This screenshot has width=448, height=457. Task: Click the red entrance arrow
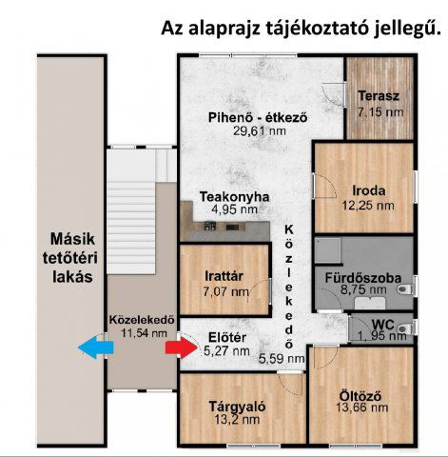(x=181, y=348)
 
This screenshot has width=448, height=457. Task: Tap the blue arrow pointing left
(x=96, y=348)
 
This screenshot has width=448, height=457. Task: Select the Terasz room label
(x=379, y=96)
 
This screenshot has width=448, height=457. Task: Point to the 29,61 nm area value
(x=260, y=130)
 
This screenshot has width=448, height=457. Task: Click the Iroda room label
(x=369, y=190)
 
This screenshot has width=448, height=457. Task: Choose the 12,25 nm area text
(x=368, y=206)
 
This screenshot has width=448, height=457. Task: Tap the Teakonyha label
(x=234, y=197)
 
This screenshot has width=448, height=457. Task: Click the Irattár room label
(x=224, y=276)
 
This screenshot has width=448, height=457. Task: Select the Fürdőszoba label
(x=363, y=278)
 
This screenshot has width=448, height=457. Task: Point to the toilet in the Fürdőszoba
(x=405, y=289)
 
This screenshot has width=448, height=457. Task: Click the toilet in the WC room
(x=405, y=328)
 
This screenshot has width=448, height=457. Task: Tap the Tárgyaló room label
(x=237, y=407)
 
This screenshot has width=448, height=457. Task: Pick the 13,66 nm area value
(x=362, y=407)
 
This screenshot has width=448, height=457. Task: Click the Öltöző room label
(x=360, y=396)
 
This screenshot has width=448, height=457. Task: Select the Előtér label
(x=227, y=337)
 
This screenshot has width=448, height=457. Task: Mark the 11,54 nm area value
(x=144, y=333)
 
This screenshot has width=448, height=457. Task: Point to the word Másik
(x=72, y=239)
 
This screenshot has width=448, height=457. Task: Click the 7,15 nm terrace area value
(x=380, y=112)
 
